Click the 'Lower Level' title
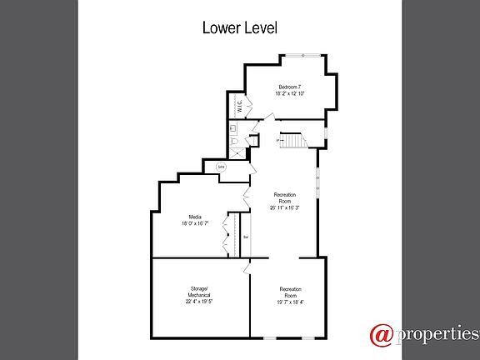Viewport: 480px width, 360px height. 240,27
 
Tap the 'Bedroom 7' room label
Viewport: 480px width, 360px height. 290,87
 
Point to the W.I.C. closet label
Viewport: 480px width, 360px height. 239,106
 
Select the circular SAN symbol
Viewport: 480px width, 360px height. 221,167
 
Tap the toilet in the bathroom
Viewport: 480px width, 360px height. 236,144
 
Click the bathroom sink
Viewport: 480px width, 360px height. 234,128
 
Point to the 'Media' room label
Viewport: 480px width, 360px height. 195,217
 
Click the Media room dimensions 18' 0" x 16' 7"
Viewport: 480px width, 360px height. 195,223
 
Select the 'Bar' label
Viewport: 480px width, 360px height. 246,237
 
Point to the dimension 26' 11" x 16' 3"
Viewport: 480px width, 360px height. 286,208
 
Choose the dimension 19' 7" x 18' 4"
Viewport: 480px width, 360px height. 290,302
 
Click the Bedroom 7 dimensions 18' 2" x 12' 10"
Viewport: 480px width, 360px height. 290,94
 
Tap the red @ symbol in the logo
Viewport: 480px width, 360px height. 381,335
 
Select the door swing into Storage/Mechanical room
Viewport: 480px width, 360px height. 247,268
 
